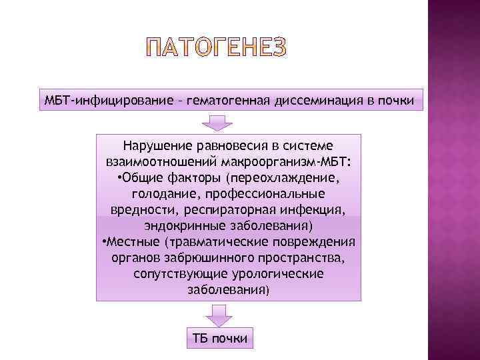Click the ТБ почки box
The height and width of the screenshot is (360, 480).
point(219,338)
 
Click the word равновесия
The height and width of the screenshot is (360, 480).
point(230,145)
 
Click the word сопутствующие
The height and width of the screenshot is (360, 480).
point(175,273)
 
